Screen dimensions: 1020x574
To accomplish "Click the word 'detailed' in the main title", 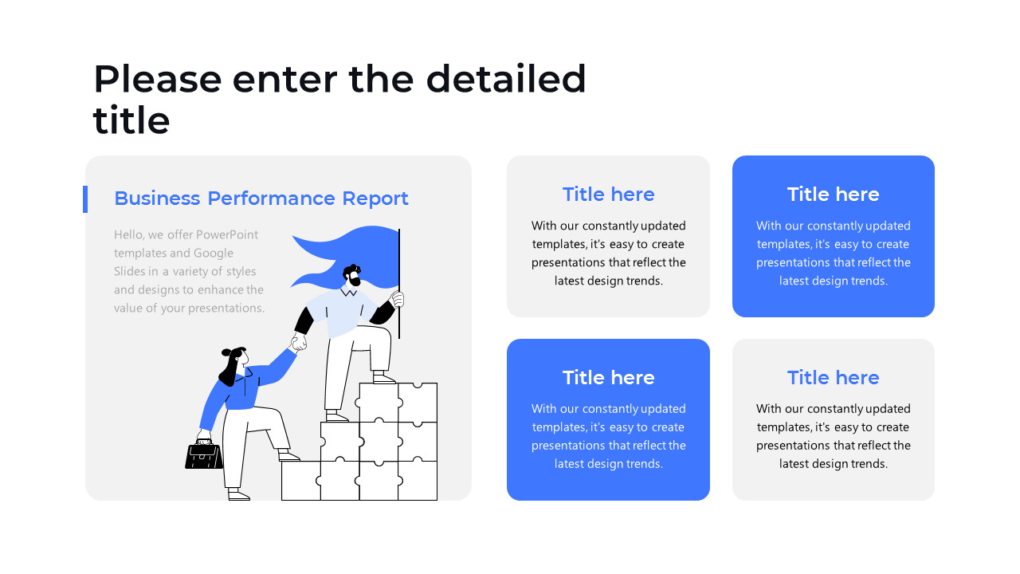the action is click(x=505, y=79).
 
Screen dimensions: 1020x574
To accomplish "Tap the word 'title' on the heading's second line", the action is click(x=131, y=120).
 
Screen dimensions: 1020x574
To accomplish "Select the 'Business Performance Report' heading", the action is click(x=261, y=199).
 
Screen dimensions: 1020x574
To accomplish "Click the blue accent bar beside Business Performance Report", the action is click(x=85, y=199).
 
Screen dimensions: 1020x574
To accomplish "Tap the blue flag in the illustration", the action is click(x=345, y=258).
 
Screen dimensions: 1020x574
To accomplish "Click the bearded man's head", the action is click(x=352, y=275).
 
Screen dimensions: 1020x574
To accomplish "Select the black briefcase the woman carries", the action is click(x=204, y=455).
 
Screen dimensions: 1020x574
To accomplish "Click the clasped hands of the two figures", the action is click(x=299, y=342).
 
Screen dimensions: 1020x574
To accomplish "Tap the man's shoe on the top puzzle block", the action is click(x=383, y=378).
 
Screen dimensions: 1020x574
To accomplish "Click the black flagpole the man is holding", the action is click(x=399, y=283).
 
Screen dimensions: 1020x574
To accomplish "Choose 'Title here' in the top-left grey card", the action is click(x=608, y=195).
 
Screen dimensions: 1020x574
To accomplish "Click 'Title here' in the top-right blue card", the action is click(x=834, y=195).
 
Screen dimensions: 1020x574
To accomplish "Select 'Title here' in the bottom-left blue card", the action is click(x=608, y=378).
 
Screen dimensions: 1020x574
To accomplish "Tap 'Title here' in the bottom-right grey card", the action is click(x=834, y=378).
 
